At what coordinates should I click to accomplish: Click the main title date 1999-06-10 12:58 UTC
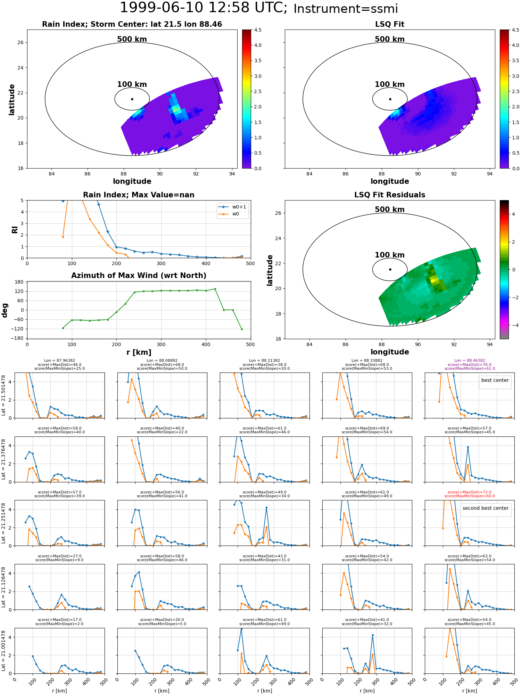coord(204,8)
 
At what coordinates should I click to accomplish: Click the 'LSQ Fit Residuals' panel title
coord(390,195)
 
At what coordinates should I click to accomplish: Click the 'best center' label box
coord(495,380)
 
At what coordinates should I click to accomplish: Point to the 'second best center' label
coord(486,508)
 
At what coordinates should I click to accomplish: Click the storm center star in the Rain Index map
coord(132,99)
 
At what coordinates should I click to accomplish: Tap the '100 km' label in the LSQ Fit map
coord(390,84)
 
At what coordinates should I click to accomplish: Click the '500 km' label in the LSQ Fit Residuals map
coord(390,209)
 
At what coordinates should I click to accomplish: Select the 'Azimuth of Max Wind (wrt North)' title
coord(139,276)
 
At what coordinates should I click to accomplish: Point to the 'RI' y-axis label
coord(15,229)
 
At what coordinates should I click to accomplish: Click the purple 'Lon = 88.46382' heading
coord(470,361)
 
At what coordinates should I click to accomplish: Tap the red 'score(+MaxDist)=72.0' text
coord(470,492)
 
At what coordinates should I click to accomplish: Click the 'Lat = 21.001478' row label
coord(3,651)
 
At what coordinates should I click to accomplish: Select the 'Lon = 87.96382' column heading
coord(59,361)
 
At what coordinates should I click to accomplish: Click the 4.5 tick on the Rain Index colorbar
coord(258,30)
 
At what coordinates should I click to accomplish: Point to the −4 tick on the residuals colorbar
coord(513,325)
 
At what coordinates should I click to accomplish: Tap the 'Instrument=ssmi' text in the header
coord(346,9)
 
